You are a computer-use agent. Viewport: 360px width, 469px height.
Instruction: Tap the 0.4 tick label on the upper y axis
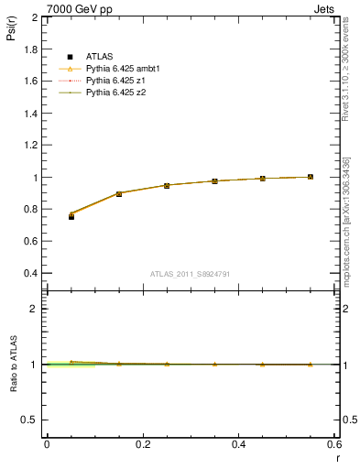coord(30,273)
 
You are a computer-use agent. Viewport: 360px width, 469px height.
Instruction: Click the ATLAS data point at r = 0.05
coord(71,216)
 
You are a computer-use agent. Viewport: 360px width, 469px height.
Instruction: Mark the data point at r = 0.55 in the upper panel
coord(310,177)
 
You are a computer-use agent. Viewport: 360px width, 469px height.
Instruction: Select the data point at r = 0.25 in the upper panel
coord(167,185)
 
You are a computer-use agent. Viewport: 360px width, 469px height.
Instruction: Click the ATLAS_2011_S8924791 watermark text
coord(190,273)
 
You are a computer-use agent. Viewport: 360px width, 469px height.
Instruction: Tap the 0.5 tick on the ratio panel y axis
coord(30,420)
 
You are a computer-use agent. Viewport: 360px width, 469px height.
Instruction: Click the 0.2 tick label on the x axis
coord(142,444)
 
